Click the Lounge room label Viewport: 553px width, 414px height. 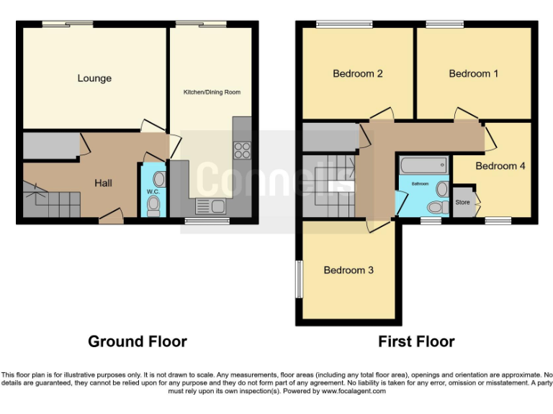point(94,78)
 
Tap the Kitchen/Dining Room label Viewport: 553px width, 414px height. point(212,92)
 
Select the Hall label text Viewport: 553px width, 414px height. point(103,183)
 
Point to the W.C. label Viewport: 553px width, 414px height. point(153,192)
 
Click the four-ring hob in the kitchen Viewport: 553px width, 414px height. point(242,151)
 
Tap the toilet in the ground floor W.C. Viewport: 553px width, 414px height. point(153,206)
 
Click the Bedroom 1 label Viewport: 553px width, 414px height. point(473,73)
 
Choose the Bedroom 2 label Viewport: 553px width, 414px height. point(357,73)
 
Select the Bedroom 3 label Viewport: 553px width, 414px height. point(349,270)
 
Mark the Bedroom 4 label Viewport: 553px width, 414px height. point(500,166)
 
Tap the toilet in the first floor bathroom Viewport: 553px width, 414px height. point(435,207)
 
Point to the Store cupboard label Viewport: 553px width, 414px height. point(462,203)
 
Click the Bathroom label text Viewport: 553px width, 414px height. point(420,184)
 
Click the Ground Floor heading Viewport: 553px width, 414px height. point(137,341)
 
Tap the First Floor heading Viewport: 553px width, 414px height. point(416,341)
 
